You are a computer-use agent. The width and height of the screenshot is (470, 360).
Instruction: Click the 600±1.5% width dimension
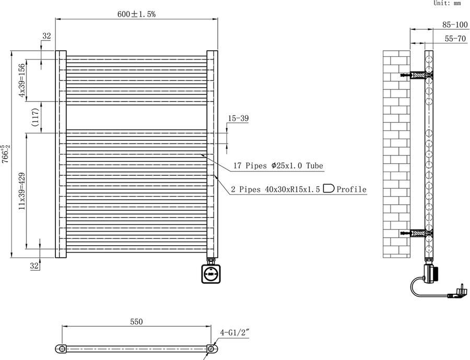(136, 15)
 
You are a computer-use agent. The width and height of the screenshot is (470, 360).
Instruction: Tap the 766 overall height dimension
(5, 154)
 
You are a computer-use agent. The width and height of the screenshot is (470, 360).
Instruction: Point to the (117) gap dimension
(34, 117)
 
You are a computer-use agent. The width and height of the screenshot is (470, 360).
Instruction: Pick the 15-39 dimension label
(238, 119)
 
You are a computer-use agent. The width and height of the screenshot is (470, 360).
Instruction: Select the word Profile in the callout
(351, 189)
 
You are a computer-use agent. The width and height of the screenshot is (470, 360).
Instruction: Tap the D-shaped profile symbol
(328, 189)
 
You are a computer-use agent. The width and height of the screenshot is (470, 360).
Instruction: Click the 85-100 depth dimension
(454, 25)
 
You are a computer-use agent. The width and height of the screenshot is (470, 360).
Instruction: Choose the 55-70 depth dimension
(454, 38)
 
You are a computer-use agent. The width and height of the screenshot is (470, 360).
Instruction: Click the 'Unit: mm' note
(448, 3)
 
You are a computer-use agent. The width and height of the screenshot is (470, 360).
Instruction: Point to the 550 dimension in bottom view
(136, 322)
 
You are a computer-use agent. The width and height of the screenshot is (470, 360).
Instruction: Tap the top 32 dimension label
(47, 36)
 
